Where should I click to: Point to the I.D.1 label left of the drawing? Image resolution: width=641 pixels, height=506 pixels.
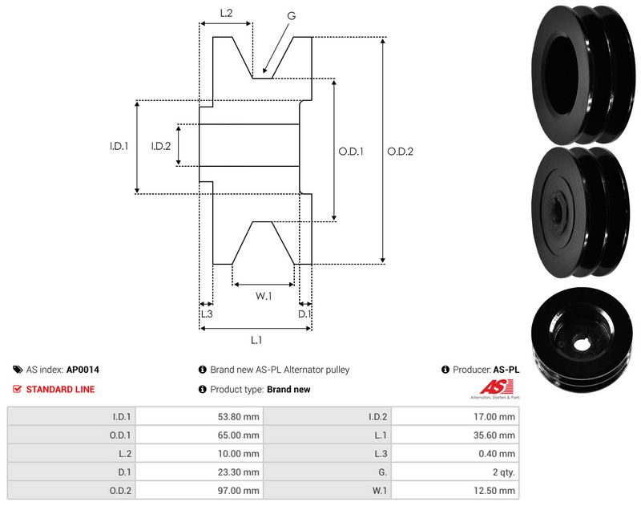click(119, 146)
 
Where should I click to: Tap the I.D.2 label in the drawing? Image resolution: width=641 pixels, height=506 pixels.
click(161, 146)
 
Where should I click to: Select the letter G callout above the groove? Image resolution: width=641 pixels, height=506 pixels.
click(291, 14)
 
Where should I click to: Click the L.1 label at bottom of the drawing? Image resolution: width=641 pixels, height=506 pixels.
click(256, 339)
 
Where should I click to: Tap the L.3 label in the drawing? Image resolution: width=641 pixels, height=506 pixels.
click(205, 314)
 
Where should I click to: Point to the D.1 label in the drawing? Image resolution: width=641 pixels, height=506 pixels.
click(304, 314)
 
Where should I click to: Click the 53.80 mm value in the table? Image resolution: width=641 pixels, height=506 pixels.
click(240, 416)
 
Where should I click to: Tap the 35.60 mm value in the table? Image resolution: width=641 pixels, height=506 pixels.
click(496, 435)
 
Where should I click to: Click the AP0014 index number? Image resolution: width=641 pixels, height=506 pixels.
click(83, 370)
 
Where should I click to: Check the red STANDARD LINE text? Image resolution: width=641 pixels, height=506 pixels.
click(60, 389)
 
